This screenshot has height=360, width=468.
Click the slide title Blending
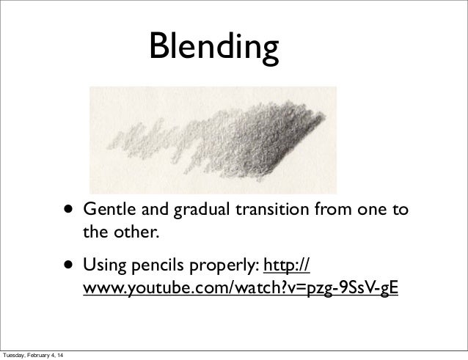213,48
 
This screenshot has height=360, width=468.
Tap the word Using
103,265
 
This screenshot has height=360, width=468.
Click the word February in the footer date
43,355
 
